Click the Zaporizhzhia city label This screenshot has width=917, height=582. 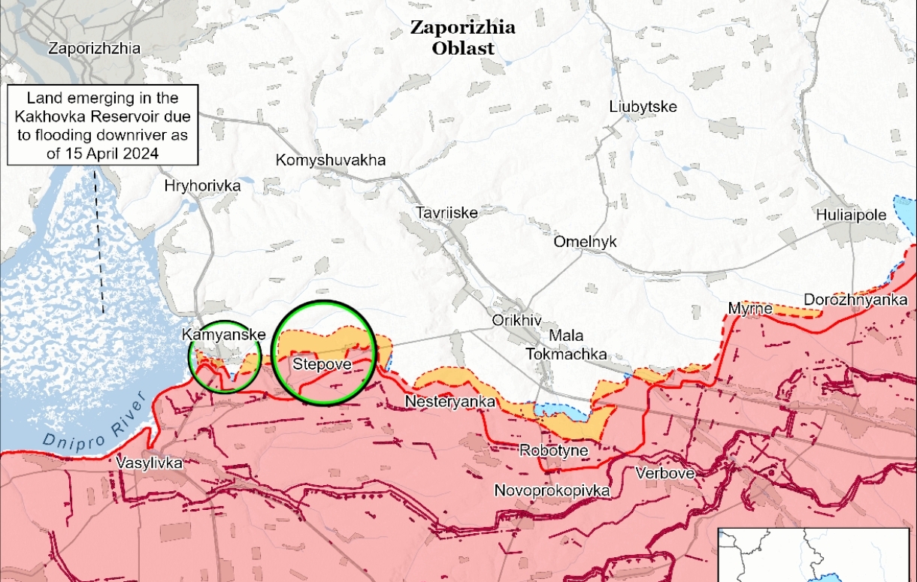pyautogui.click(x=94, y=49)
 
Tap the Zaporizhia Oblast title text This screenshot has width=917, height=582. pyautogui.click(x=462, y=38)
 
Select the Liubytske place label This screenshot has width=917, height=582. pyautogui.click(x=643, y=107)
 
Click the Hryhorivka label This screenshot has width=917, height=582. pyautogui.click(x=202, y=185)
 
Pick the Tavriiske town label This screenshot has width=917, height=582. pyautogui.click(x=447, y=213)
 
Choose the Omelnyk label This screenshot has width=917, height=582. pyautogui.click(x=585, y=242)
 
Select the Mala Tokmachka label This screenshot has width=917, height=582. pyautogui.click(x=566, y=345)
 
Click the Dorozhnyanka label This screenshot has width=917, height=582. pyautogui.click(x=855, y=300)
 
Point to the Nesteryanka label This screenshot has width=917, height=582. pyautogui.click(x=450, y=403)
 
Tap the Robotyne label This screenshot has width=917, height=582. pyautogui.click(x=553, y=451)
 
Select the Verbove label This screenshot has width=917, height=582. pyautogui.click(x=665, y=473)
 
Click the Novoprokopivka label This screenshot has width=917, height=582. pyautogui.click(x=552, y=491)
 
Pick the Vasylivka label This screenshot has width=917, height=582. pyautogui.click(x=150, y=463)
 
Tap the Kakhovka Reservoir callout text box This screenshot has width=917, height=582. pyautogui.click(x=103, y=125)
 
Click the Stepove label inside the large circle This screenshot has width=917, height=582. pyautogui.click(x=323, y=364)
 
